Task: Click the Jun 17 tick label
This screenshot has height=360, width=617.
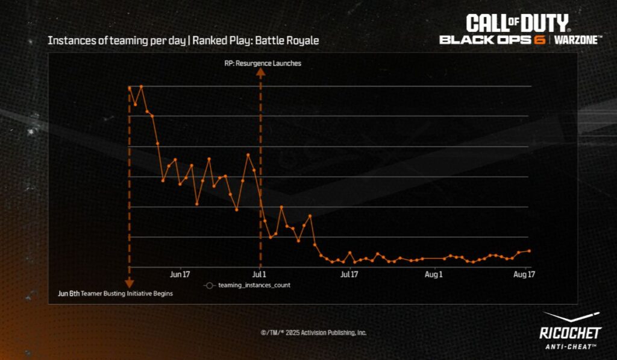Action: tap(180, 274)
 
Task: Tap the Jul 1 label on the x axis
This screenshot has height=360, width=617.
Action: tap(260, 274)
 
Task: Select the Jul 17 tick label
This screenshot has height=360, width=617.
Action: tap(349, 274)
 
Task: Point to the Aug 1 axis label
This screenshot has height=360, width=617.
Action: tap(434, 274)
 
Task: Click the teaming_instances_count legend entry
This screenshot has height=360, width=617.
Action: tap(247, 285)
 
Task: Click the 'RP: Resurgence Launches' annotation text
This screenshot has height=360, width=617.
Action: tap(258, 63)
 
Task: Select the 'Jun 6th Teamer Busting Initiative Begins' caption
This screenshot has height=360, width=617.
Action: tap(115, 294)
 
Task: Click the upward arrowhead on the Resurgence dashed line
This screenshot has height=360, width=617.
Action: tap(260, 71)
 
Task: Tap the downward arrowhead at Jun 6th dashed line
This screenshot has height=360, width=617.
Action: tap(128, 283)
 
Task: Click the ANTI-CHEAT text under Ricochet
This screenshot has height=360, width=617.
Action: tap(570, 346)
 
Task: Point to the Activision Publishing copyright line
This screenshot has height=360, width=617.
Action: tap(313, 333)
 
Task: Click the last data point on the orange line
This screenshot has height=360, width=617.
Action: tap(529, 251)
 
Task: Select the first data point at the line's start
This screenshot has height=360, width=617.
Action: tap(130, 88)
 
